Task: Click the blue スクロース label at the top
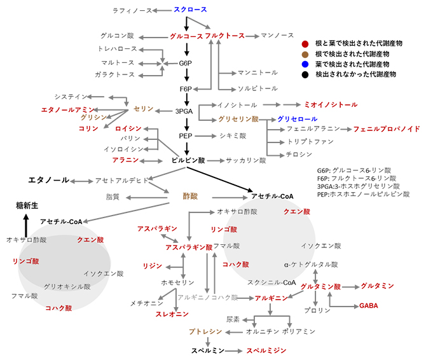point(190,10)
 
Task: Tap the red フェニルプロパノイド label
point(387,129)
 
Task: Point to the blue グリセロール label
point(296,119)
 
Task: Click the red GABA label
point(368,306)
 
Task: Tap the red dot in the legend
point(306,44)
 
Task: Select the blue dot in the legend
point(306,64)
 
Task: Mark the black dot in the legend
point(306,74)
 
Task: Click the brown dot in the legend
point(306,54)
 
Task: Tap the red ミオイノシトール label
point(331,104)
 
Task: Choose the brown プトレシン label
point(205,331)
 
